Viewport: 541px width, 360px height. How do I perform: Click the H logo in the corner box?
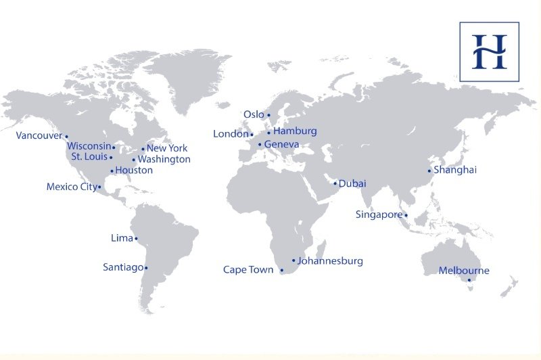coord(489,51)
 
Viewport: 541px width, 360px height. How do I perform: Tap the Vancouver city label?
coord(39,135)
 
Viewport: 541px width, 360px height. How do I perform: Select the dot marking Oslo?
coord(268,115)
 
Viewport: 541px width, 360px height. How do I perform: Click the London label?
coord(231,134)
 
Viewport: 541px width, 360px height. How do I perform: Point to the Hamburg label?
coord(295,131)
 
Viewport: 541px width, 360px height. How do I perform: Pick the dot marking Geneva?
coord(260,144)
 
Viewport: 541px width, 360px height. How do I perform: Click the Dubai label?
coord(352,183)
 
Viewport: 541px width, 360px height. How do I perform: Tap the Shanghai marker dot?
coord(429,171)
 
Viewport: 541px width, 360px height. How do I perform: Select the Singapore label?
coord(379,215)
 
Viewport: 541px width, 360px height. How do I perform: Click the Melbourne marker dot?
coord(469,280)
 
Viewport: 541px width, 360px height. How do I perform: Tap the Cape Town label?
coord(248,270)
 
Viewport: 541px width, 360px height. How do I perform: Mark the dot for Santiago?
coord(146,268)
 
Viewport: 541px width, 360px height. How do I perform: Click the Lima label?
coord(122,238)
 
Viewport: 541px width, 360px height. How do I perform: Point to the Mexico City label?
coord(72,187)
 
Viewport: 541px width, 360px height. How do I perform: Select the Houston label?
coord(134,171)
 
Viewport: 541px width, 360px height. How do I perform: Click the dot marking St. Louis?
coord(111,157)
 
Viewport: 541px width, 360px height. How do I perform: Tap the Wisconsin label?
coord(89,146)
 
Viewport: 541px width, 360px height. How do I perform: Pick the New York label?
coord(167,148)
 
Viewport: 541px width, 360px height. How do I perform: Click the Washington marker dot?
coord(134,160)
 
